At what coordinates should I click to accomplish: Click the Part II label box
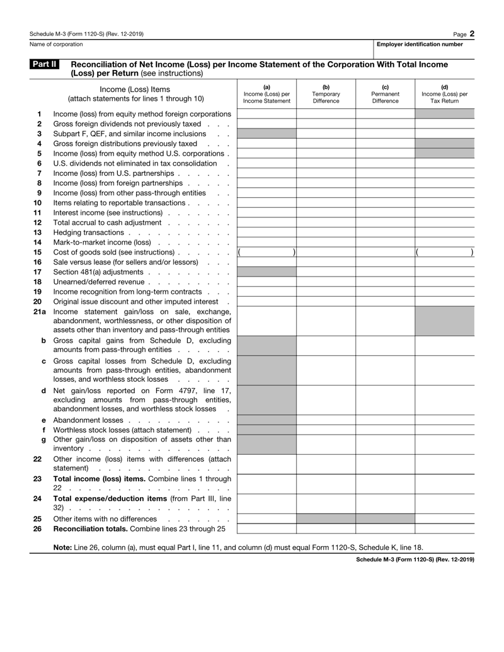click(x=44, y=64)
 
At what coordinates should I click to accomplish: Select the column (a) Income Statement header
click(x=266, y=94)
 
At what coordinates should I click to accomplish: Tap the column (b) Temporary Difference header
click(x=326, y=94)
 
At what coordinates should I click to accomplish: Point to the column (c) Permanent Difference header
click(x=385, y=94)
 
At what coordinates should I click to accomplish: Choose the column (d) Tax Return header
click(x=444, y=94)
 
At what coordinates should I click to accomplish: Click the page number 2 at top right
click(x=471, y=33)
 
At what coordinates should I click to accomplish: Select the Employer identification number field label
click(x=420, y=44)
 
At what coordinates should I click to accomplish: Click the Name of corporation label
click(x=56, y=44)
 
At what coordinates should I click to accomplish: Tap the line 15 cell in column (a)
click(x=266, y=252)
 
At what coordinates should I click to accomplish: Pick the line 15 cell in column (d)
click(x=444, y=252)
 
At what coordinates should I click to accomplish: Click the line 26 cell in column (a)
click(x=266, y=529)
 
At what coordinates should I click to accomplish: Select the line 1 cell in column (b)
click(x=326, y=114)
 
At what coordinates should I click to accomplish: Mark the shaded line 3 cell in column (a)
click(x=266, y=134)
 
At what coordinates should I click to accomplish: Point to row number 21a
click(x=40, y=311)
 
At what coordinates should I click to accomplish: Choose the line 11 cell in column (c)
click(x=385, y=213)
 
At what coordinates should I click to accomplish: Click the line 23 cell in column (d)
click(x=444, y=484)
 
